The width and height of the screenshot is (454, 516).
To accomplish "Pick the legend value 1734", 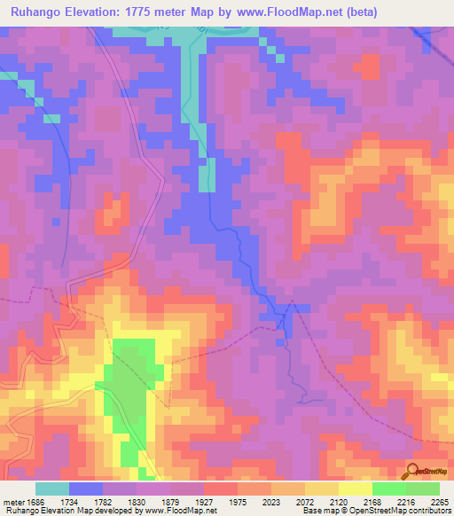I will (x=85, y=501).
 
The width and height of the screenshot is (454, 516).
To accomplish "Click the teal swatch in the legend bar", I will (x=52, y=489).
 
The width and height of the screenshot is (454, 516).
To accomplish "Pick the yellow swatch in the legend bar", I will (x=355, y=489).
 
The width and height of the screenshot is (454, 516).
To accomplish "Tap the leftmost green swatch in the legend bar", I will (x=388, y=489).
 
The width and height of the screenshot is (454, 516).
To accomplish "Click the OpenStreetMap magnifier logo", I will (x=412, y=470).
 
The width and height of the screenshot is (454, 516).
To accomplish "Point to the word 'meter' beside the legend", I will (x=14, y=501).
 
